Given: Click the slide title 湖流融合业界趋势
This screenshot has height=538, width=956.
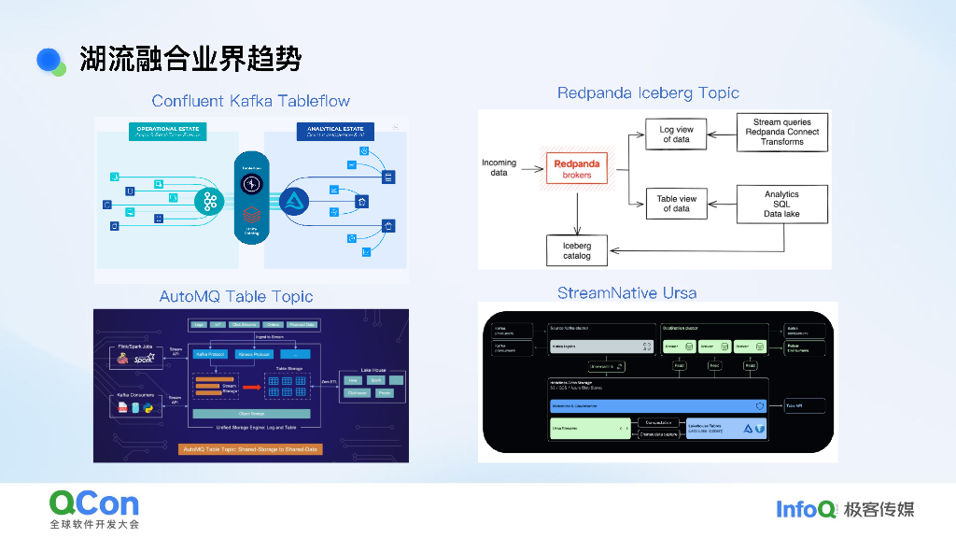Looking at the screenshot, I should [x=190, y=59].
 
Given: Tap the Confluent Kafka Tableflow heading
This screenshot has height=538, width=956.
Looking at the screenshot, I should [x=250, y=101].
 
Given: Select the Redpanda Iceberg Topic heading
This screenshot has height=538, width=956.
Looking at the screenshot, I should [x=648, y=93].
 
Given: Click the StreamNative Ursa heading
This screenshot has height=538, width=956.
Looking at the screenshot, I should [x=626, y=293].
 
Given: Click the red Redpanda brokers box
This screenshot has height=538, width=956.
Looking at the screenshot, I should [x=578, y=169].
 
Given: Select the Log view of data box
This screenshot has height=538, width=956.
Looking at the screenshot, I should [x=676, y=134].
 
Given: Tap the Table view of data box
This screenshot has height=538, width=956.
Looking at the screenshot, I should [x=676, y=203].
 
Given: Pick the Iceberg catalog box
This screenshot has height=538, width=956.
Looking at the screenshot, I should [x=576, y=249].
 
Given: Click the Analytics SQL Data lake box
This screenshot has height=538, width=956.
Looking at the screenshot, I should [x=781, y=204].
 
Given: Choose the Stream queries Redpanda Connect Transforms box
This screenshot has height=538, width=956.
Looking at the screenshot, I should [x=781, y=132].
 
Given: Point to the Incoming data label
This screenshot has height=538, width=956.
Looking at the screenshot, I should [x=499, y=168].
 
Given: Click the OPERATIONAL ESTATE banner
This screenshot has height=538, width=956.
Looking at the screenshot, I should [x=171, y=131].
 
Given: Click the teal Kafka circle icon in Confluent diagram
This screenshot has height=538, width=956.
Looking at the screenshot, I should [x=208, y=201].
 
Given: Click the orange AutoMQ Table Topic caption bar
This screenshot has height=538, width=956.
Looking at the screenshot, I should [x=249, y=449].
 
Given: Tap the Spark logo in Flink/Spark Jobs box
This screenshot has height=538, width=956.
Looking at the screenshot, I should [x=144, y=358].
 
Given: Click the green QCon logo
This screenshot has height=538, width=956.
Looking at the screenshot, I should [x=93, y=504].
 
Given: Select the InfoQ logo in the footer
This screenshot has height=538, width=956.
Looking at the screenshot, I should [x=806, y=509].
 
